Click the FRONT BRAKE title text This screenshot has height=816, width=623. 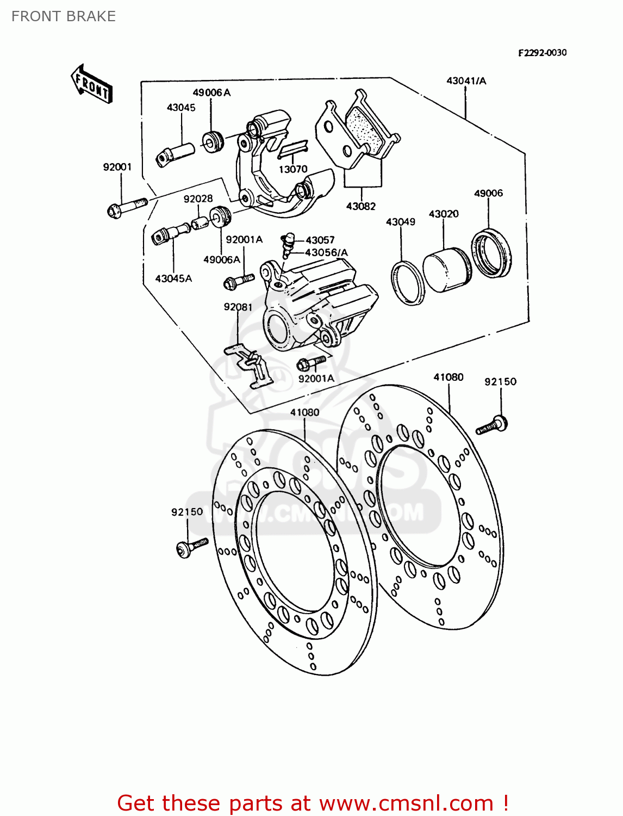click(x=64, y=16)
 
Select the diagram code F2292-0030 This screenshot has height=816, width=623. click(x=541, y=53)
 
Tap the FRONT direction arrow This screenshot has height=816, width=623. click(x=91, y=84)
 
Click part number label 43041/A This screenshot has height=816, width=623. click(x=466, y=81)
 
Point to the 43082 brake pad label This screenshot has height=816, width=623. click(x=361, y=206)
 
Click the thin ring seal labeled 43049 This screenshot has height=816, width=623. click(x=408, y=283)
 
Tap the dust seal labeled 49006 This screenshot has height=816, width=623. click(x=491, y=254)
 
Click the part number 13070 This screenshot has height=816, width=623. click(x=293, y=169)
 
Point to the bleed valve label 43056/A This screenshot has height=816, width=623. click(x=326, y=252)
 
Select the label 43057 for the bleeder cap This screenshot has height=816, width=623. click(x=320, y=240)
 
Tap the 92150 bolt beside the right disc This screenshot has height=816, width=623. click(x=493, y=424)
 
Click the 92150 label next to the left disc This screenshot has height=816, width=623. click(x=187, y=512)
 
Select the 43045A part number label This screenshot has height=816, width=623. click(x=173, y=279)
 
